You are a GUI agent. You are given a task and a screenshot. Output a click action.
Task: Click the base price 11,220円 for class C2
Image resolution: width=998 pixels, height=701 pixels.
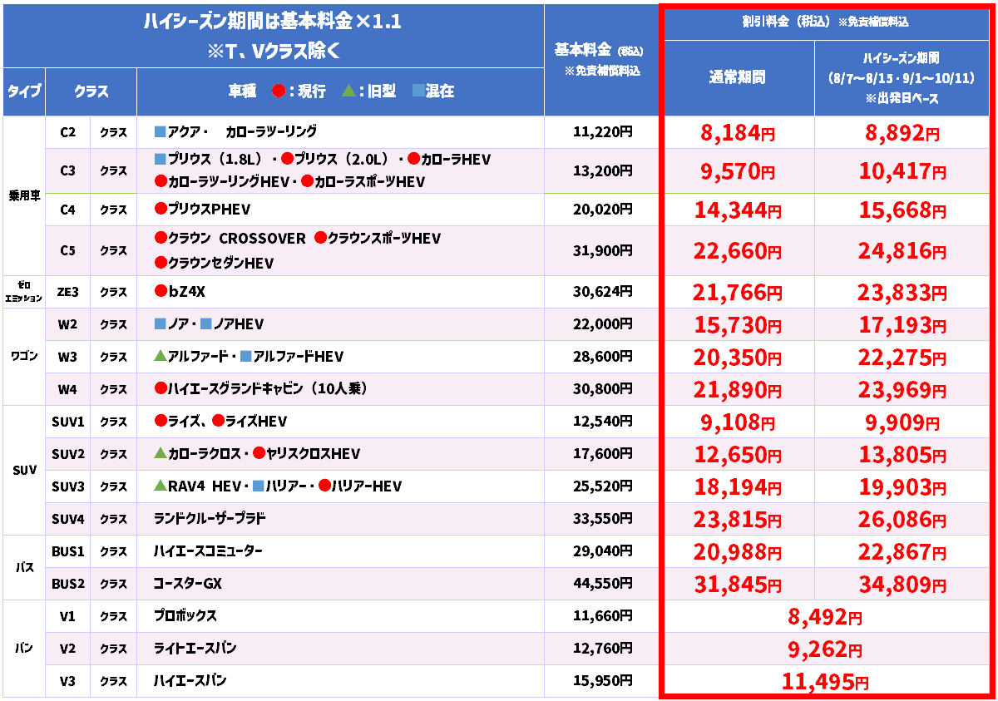(x=602, y=132)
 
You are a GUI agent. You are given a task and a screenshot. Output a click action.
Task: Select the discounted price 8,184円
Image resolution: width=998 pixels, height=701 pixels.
(x=738, y=133)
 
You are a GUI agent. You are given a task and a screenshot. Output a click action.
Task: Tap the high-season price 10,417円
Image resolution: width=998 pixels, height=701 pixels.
(x=902, y=171)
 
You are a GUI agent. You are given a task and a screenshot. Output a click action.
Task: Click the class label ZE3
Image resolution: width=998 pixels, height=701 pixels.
(x=67, y=292)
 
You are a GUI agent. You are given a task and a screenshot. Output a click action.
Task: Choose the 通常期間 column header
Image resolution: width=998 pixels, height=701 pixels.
(x=738, y=77)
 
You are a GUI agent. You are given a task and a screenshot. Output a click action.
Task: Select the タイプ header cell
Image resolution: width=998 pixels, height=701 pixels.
(x=24, y=91)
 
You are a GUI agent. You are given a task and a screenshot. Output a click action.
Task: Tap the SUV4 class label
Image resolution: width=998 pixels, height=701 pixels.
(x=67, y=519)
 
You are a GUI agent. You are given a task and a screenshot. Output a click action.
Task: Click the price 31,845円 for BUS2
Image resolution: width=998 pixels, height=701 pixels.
(x=738, y=585)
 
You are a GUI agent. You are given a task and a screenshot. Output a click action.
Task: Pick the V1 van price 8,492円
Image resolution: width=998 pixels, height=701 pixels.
(x=824, y=617)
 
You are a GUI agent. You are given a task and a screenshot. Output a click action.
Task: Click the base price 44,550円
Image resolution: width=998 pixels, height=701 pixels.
(x=602, y=584)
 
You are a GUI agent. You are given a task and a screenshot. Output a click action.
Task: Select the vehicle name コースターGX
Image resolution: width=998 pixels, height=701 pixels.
(x=188, y=584)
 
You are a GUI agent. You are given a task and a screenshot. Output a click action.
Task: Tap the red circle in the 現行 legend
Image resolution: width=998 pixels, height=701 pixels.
(x=279, y=91)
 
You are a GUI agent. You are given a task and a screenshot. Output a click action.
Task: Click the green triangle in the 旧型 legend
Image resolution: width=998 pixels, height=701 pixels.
(x=348, y=91)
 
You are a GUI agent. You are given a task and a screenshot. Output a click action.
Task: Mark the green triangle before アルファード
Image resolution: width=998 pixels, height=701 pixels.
(x=160, y=356)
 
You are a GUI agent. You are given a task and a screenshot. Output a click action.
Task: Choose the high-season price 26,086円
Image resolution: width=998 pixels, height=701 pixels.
(x=902, y=519)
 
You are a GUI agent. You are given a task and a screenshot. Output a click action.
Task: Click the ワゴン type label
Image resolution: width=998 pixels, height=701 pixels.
(x=24, y=356)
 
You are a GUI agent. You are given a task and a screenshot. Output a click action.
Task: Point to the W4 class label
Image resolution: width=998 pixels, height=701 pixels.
(x=67, y=389)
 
